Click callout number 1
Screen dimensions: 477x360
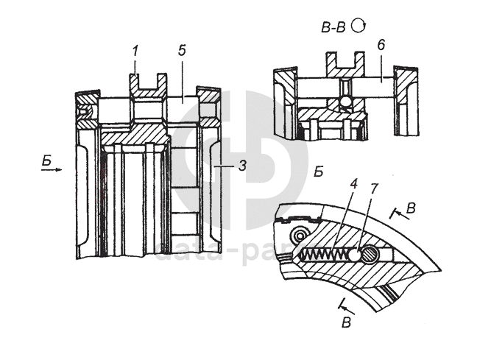135,52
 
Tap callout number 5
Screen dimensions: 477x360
181,52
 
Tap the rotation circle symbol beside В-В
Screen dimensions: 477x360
359,26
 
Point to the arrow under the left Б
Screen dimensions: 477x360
51,169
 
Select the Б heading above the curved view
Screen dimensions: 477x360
319,173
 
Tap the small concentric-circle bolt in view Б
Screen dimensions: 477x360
298,235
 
